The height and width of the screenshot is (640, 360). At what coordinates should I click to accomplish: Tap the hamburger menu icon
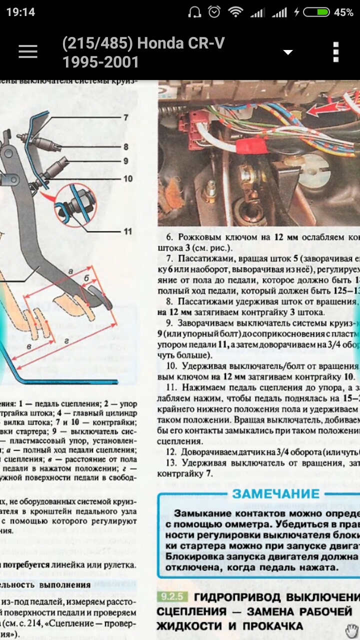tap(28, 51)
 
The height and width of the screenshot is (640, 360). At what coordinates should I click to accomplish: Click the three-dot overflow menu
tap(336, 52)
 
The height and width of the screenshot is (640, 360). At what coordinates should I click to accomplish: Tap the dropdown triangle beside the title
tap(287, 52)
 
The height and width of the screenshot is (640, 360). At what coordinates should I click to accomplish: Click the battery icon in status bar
tap(316, 12)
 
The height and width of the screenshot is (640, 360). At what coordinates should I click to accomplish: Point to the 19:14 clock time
tap(20, 12)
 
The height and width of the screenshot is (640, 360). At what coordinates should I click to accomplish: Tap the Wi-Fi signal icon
tap(235, 12)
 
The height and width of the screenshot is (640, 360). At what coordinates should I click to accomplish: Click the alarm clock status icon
tap(214, 12)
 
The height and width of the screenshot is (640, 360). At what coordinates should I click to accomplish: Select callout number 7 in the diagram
tap(126, 117)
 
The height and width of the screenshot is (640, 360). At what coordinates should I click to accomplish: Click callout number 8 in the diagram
tap(126, 146)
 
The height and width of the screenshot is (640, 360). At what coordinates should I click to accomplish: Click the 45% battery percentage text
tap(343, 12)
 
